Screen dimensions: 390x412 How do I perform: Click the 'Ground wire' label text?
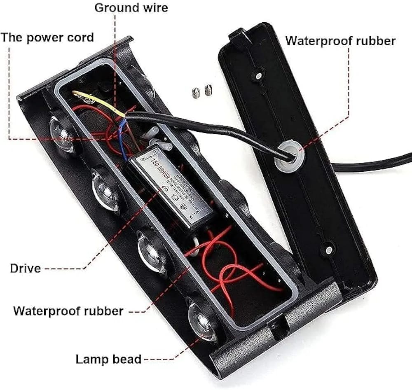click(x=131, y=8)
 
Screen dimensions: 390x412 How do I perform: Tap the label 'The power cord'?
click(x=47, y=37)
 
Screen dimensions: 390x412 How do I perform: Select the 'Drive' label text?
click(x=26, y=269)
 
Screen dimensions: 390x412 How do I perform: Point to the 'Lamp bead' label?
click(x=108, y=359)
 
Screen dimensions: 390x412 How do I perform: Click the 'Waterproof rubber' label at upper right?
click(x=340, y=41)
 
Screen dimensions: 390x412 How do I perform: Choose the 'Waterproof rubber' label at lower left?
click(x=68, y=311)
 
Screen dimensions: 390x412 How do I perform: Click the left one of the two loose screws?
click(x=196, y=94)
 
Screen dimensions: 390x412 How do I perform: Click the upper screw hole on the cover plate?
click(x=258, y=76)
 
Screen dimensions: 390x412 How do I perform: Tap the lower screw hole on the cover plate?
click(x=328, y=250)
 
